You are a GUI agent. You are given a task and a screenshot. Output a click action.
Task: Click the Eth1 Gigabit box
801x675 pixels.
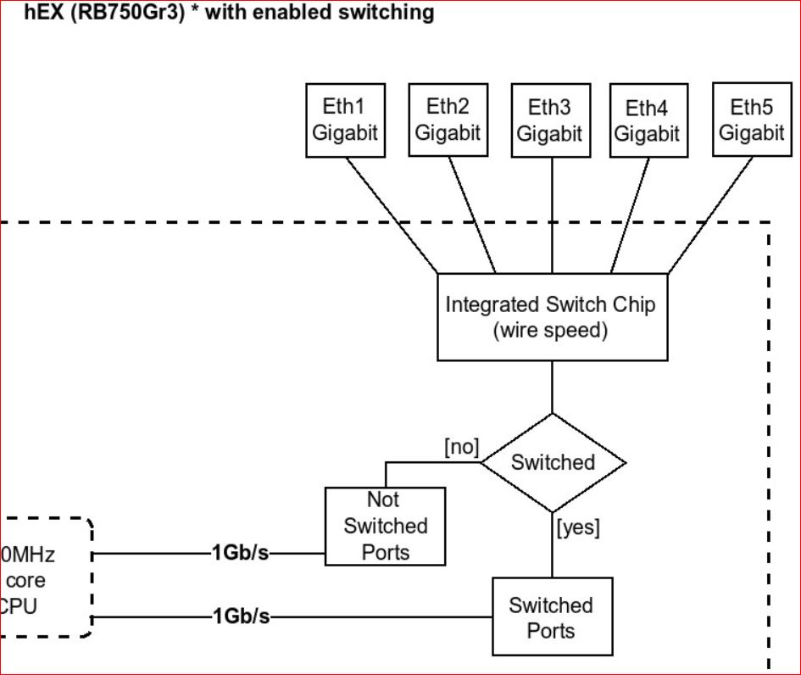coord(345,120)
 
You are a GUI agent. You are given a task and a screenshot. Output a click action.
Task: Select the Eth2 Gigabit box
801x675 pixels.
coord(448,120)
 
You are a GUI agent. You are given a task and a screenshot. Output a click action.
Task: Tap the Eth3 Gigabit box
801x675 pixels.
coord(550,120)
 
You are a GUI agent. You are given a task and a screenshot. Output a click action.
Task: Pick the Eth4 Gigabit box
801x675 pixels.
coord(647,121)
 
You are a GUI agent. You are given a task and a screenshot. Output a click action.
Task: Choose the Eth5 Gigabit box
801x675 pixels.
coord(752,120)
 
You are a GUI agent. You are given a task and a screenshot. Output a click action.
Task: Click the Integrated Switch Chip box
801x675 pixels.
coord(551,316)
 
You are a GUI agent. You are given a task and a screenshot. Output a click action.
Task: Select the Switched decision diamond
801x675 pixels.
coord(553,463)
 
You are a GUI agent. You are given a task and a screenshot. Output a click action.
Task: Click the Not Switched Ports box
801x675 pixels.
coord(386,526)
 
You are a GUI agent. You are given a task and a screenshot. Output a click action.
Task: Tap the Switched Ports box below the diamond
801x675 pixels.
coord(552,617)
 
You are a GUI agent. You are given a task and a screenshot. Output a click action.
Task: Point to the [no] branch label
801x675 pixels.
coord(461,447)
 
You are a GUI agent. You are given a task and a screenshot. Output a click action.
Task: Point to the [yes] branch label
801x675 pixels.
coord(578,527)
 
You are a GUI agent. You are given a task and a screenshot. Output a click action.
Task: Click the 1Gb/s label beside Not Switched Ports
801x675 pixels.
coord(241,555)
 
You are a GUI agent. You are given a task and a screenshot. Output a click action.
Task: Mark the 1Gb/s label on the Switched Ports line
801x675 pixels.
coord(241,616)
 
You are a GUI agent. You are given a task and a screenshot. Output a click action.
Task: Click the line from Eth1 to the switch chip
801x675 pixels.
coord(392,215)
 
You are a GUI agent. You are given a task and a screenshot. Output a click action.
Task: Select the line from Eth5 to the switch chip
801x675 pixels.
coord(710,215)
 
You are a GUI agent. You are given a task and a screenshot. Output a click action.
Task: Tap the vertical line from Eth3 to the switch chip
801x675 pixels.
coord(553,215)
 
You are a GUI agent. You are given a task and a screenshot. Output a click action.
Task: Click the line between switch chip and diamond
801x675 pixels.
coord(553,387)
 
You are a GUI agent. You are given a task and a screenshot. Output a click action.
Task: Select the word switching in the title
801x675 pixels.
coord(388,13)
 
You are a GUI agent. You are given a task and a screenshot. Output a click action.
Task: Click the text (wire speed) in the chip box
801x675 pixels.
coord(550,330)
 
